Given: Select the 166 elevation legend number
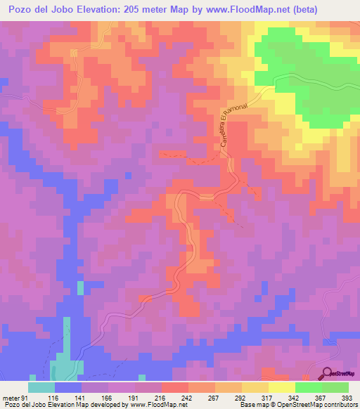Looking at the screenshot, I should click(107, 398).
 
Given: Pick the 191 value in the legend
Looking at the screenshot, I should click(134, 398).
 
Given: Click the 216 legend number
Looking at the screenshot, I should click(160, 398).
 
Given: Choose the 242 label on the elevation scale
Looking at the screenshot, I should click(187, 398).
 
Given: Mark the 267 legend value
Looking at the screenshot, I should click(214, 398).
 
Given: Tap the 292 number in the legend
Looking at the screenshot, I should click(240, 398).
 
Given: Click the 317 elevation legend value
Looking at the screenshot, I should click(267, 398).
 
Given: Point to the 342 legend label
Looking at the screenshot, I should click(294, 398).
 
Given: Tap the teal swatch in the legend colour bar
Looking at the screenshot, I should click(41, 387).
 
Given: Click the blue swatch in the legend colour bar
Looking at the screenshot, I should click(68, 387).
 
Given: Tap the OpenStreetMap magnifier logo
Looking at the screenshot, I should click(327, 373).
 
